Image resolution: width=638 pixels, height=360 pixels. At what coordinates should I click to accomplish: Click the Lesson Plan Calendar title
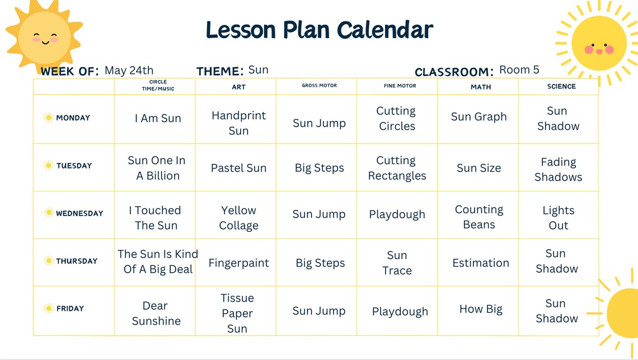coord(319,29)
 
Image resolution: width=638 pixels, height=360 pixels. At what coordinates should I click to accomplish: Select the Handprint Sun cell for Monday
coord(238,123)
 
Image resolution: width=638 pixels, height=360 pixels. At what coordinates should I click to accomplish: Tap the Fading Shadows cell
coord(558,170)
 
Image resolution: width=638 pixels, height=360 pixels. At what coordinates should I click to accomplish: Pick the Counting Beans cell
coord(479,217)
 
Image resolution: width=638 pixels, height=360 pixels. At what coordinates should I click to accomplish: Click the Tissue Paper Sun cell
coord(237,313)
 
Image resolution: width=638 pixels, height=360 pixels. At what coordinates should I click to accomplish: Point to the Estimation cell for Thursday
coord(481,263)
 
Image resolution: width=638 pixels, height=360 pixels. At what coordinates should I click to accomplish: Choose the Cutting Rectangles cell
coord(397,168)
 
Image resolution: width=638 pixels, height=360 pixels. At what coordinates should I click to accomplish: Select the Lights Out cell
coord(558,218)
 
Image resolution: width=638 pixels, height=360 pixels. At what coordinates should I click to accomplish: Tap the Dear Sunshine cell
coord(156,313)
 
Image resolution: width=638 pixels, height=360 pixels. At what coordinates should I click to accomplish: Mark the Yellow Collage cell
coord(238,218)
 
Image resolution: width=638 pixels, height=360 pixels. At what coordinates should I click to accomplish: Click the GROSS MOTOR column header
coord(319,86)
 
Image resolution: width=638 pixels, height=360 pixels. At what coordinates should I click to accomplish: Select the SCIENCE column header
coord(561,86)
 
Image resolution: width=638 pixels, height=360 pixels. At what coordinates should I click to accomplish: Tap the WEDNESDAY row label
coord(79,213)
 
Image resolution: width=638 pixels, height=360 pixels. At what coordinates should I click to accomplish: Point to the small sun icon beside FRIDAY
coord(49,308)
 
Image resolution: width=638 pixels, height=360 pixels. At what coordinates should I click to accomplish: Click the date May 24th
coord(129,71)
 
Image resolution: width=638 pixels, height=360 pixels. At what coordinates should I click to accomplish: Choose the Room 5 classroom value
coord(519,70)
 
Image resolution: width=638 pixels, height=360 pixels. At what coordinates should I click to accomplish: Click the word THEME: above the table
coord(220,72)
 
